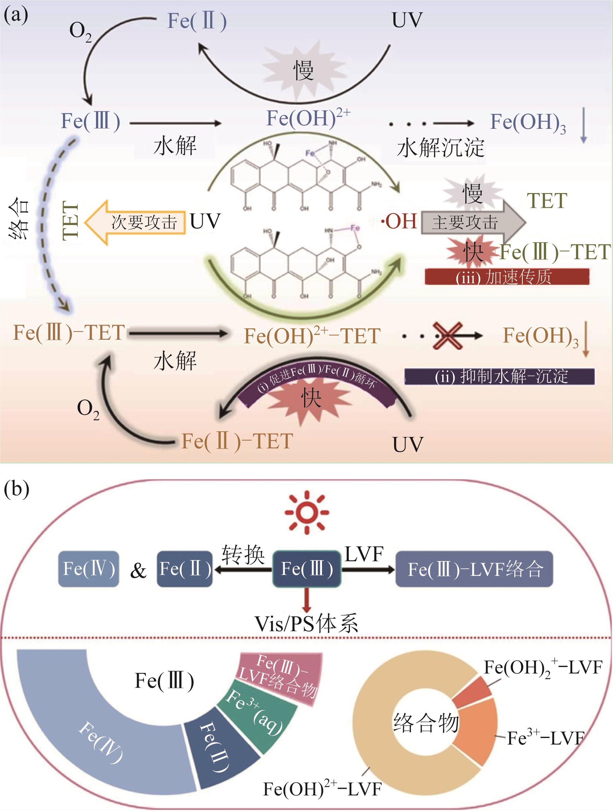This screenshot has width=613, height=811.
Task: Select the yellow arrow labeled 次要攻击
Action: pos(135,222)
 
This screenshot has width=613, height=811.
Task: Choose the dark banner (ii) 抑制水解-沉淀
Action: pos(499,376)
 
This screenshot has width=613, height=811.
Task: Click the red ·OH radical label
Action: pos(399,222)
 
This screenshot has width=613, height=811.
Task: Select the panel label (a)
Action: pos(15,15)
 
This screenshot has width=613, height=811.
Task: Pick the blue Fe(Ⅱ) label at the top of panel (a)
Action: pos(197,21)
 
